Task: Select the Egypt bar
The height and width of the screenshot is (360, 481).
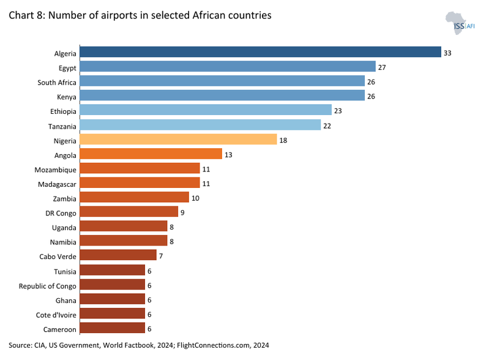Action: tap(227, 67)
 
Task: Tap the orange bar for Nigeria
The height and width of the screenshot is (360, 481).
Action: tap(178, 140)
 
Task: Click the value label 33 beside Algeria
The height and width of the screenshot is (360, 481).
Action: tap(447, 53)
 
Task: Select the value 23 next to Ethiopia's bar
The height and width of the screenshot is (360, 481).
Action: tap(338, 111)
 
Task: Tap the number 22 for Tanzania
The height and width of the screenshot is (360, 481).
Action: tap(327, 126)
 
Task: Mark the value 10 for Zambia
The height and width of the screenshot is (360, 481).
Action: tap(196, 198)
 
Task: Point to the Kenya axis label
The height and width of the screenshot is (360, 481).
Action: tap(66, 97)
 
